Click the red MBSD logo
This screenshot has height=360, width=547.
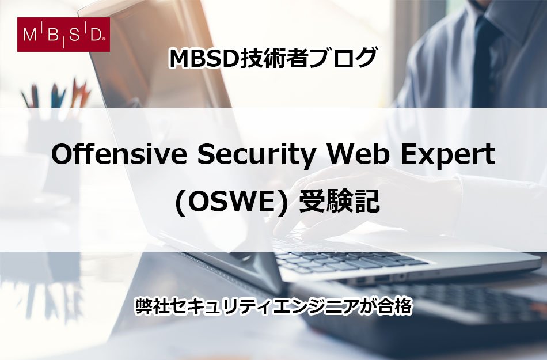coord(63,35)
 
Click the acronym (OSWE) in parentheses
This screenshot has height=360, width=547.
coord(232,203)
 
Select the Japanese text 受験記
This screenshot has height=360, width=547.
coord(340,202)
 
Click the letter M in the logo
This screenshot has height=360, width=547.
coord(30,35)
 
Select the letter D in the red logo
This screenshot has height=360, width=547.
coord(95,35)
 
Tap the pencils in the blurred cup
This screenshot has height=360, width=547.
coord(56,94)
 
